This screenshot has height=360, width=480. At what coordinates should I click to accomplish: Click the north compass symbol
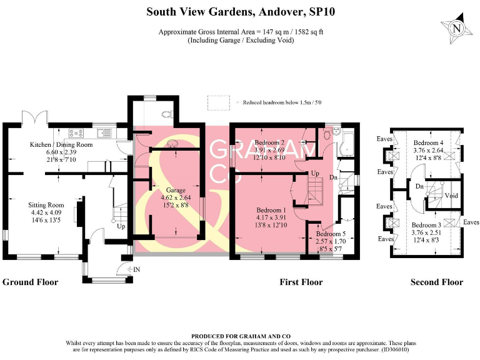point(456,29)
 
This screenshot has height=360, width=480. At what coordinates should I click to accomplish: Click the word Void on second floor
point(451,196)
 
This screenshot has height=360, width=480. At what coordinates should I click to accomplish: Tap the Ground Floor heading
point(30,282)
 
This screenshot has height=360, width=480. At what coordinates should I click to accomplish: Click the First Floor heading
point(301,282)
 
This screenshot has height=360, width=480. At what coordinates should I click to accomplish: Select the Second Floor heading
point(437,282)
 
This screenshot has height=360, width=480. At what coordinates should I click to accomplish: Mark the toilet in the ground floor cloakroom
point(167,113)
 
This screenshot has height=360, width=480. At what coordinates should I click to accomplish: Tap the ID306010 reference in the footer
point(397,349)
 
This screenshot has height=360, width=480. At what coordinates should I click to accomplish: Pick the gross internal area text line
point(241,32)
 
